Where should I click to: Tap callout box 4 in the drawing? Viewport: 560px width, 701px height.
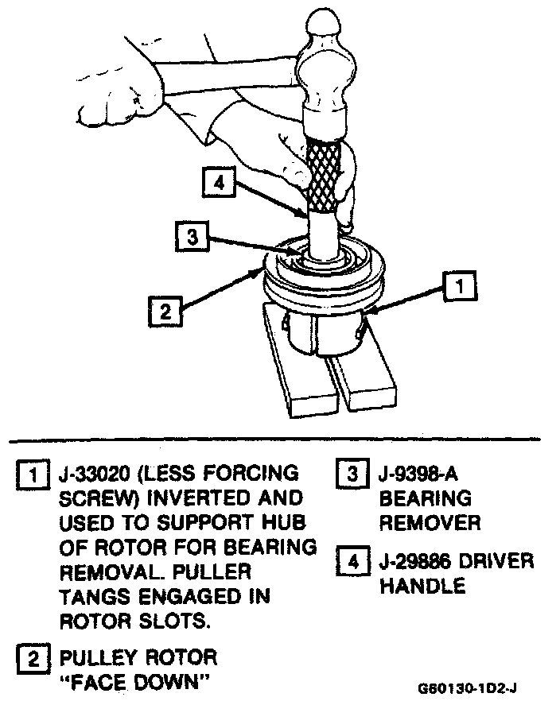pyautogui.click(x=216, y=183)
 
